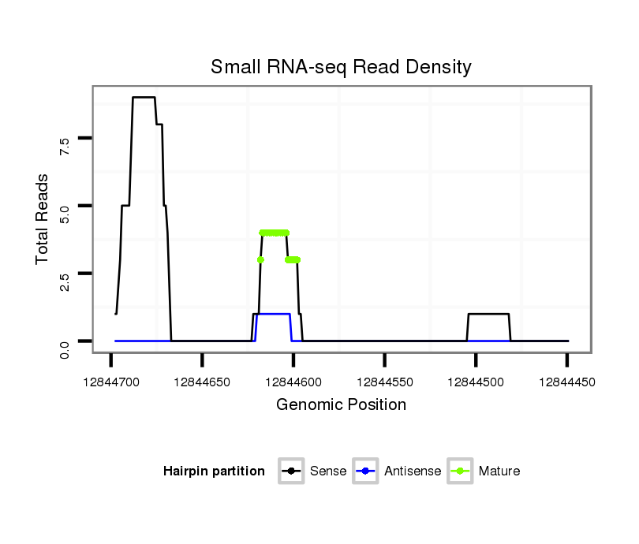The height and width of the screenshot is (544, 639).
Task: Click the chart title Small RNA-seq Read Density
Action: click(341, 67)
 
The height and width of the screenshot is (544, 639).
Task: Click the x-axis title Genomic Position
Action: click(341, 405)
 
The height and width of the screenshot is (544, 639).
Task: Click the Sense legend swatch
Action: click(291, 471)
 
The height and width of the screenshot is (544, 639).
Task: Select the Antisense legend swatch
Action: click(366, 471)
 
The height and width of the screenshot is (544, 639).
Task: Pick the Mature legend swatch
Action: click(459, 471)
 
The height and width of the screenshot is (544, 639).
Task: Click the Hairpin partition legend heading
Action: click(214, 471)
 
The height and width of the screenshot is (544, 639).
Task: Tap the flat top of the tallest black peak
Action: click(144, 97)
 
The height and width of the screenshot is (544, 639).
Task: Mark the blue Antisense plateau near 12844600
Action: click(274, 314)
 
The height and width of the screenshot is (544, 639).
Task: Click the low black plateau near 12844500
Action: click(488, 314)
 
